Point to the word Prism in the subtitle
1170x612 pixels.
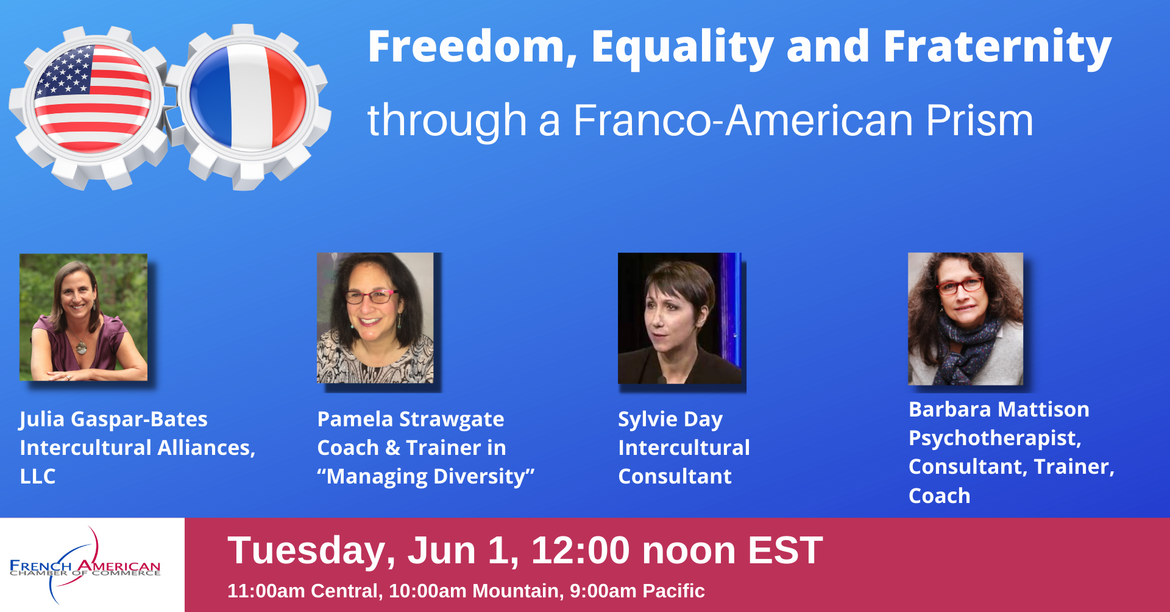[979, 120]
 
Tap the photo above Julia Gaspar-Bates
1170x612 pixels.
[83, 317]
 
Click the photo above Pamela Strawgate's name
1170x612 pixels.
[375, 318]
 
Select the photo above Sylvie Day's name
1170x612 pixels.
[679, 318]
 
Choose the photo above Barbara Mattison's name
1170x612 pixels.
[965, 318]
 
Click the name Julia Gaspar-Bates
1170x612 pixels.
[113, 420]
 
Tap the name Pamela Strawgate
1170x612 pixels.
[411, 420]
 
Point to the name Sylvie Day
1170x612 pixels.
[670, 420]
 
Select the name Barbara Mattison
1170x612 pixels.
[999, 409]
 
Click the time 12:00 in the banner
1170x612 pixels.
[581, 550]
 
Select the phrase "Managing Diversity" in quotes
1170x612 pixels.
[425, 477]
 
